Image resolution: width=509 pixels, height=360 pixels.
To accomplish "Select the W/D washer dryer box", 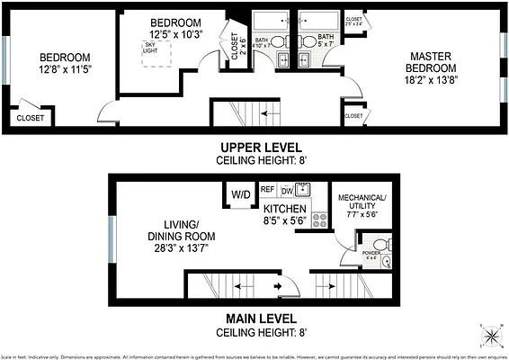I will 240,194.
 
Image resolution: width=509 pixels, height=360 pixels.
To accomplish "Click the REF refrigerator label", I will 267,190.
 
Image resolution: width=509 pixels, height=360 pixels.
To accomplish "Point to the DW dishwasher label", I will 287,191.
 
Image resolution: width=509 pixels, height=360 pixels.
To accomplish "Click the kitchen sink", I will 304,189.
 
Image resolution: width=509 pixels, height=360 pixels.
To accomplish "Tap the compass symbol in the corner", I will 490,337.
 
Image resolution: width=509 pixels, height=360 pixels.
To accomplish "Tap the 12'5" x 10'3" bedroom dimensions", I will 175,34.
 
